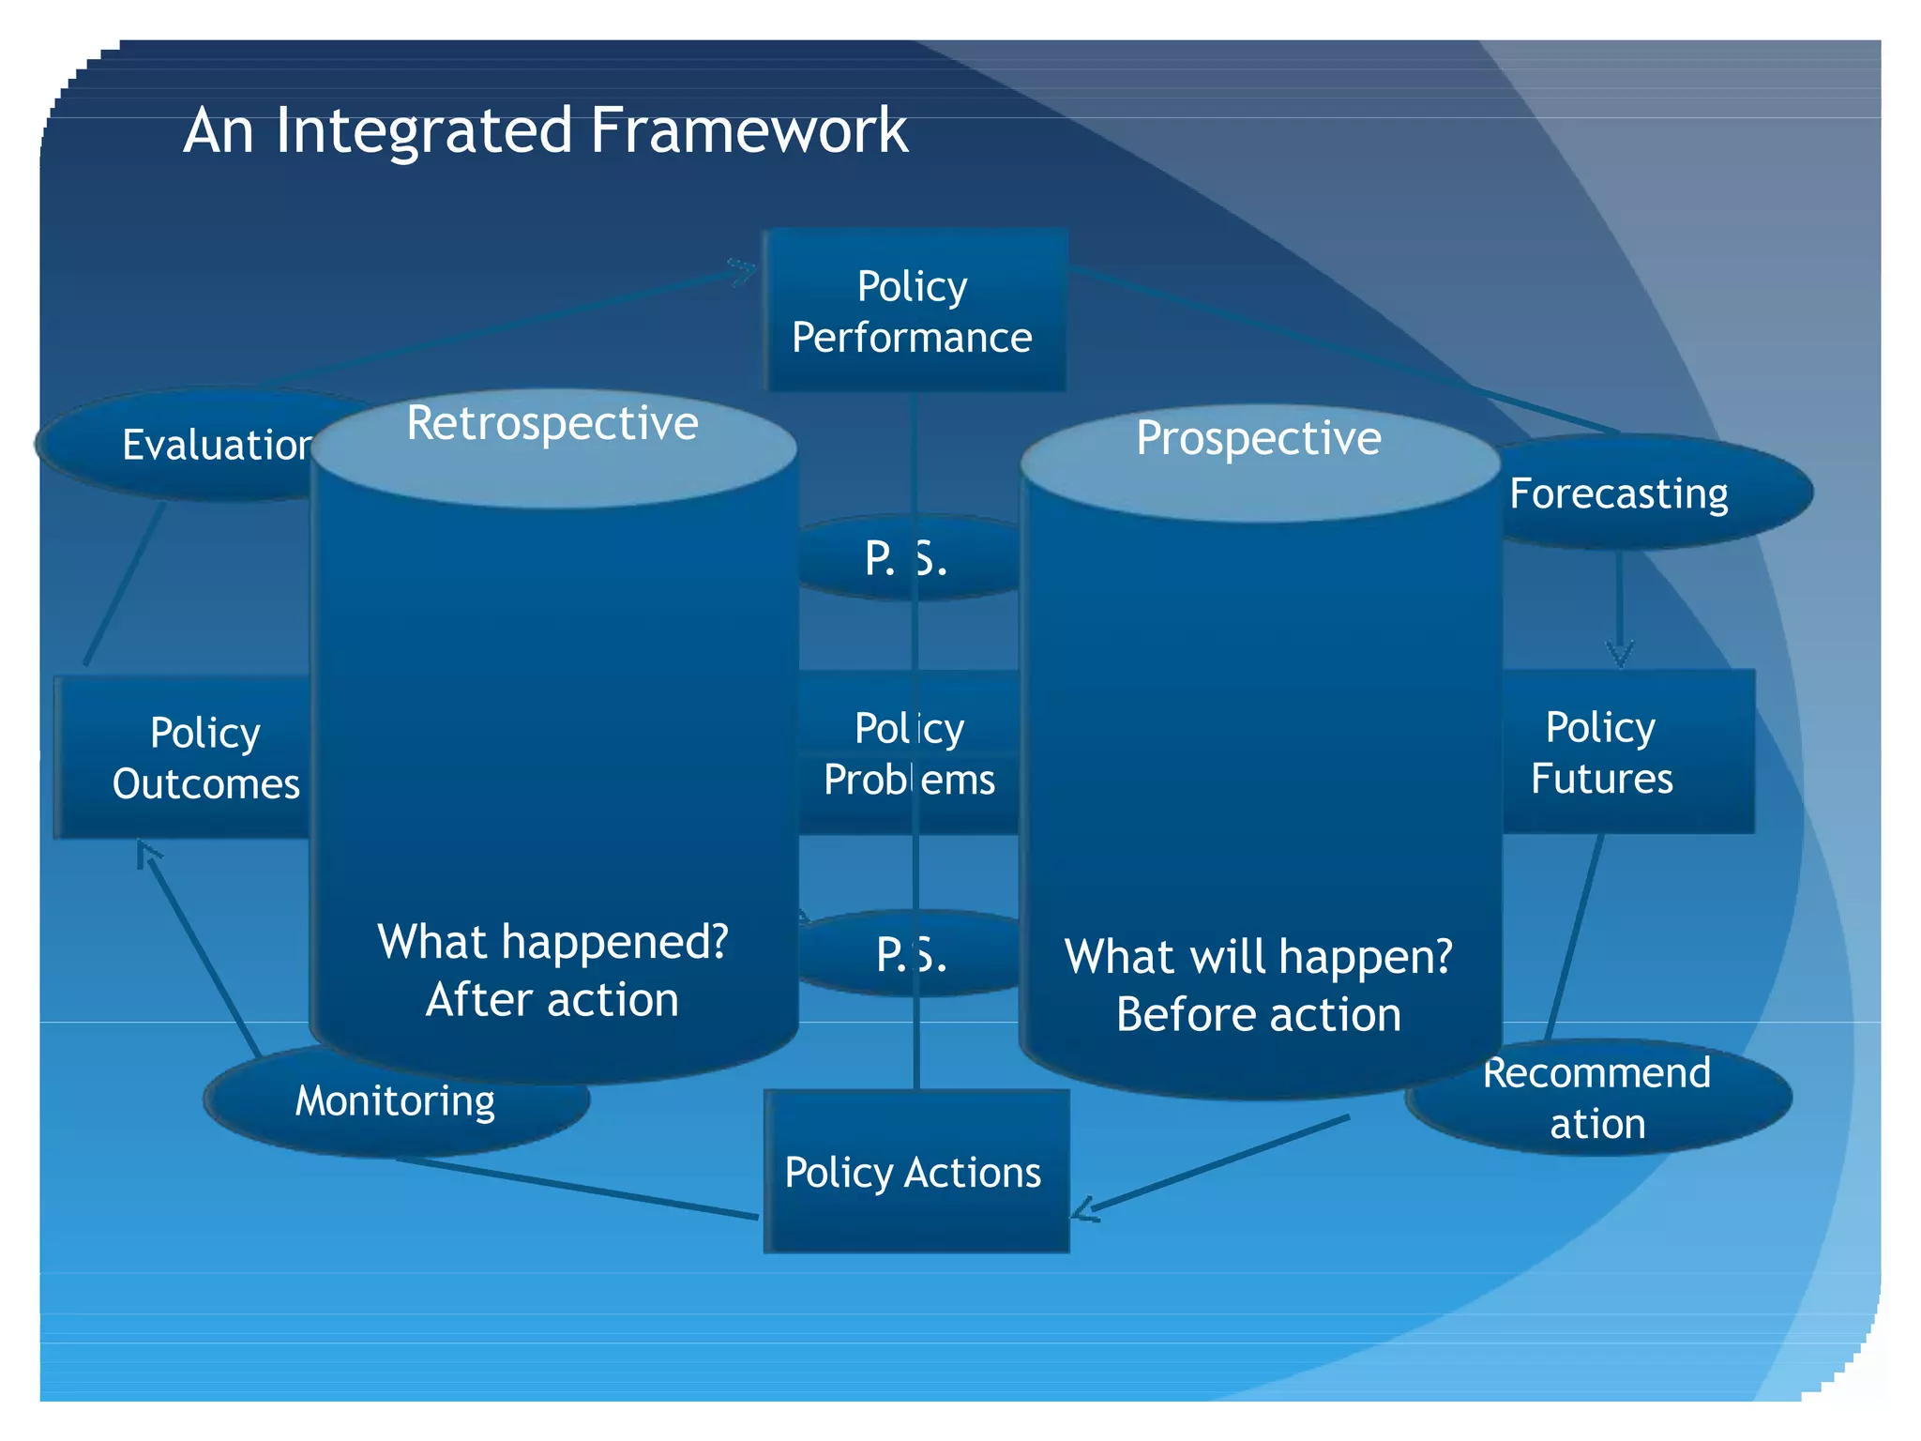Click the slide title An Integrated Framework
click(x=545, y=130)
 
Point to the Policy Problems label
click(x=908, y=753)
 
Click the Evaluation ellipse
click(x=188, y=445)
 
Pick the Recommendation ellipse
click(x=1599, y=1098)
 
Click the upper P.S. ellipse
click(x=905, y=559)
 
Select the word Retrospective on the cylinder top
click(x=552, y=423)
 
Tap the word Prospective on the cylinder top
click(x=1258, y=438)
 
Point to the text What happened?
click(x=552, y=941)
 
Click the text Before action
click(x=1258, y=1015)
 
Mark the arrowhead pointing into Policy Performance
click(x=746, y=270)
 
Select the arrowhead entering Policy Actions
click(x=1083, y=1210)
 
